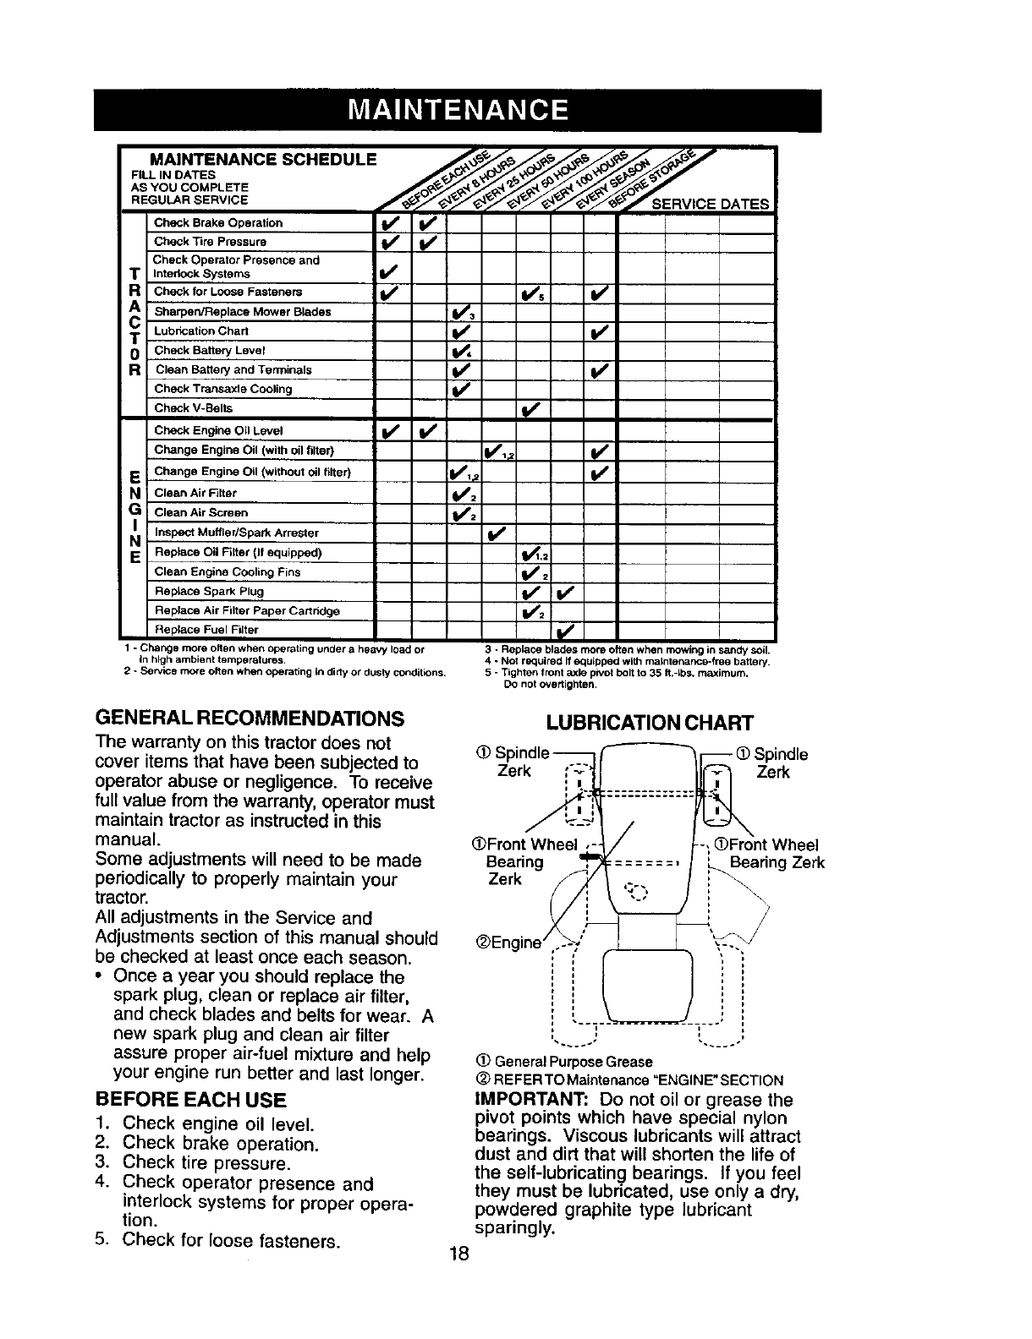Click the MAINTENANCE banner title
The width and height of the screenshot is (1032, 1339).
[458, 111]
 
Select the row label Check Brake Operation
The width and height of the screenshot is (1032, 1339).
[218, 223]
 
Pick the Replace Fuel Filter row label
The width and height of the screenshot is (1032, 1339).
[206, 631]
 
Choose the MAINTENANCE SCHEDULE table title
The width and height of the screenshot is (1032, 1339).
[262, 160]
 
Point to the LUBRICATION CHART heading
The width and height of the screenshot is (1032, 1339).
[650, 723]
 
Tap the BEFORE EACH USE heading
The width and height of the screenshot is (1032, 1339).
[191, 1100]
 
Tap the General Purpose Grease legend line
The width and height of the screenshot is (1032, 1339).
[565, 1061]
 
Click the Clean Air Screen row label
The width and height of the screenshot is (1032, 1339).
[201, 513]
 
